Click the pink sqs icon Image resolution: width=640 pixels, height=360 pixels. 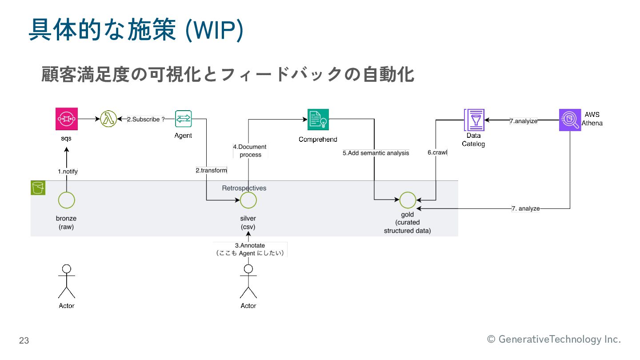click(x=66, y=119)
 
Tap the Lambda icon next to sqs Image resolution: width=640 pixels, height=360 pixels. click(x=108, y=119)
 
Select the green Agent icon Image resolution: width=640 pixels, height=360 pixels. click(x=183, y=119)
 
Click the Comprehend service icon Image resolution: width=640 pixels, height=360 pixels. click(x=318, y=119)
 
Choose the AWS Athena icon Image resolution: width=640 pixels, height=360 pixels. click(x=570, y=120)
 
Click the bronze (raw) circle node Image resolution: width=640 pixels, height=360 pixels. click(x=66, y=200)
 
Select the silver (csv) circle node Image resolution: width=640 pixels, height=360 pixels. click(x=248, y=200)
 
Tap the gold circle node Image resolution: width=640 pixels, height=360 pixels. click(x=408, y=200)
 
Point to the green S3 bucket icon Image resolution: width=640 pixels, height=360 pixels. click(x=38, y=188)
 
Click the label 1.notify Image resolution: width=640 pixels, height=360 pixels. click(x=68, y=171)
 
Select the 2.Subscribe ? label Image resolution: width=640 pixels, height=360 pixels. click(x=146, y=119)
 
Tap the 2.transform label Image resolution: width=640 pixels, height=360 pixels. click(x=212, y=170)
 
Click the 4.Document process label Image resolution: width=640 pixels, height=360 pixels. click(x=250, y=151)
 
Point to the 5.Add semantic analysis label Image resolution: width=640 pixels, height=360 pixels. click(x=376, y=153)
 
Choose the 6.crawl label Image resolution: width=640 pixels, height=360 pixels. click(x=437, y=152)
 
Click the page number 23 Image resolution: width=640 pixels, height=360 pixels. click(x=24, y=341)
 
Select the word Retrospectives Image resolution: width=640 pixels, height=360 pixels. click(x=244, y=188)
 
